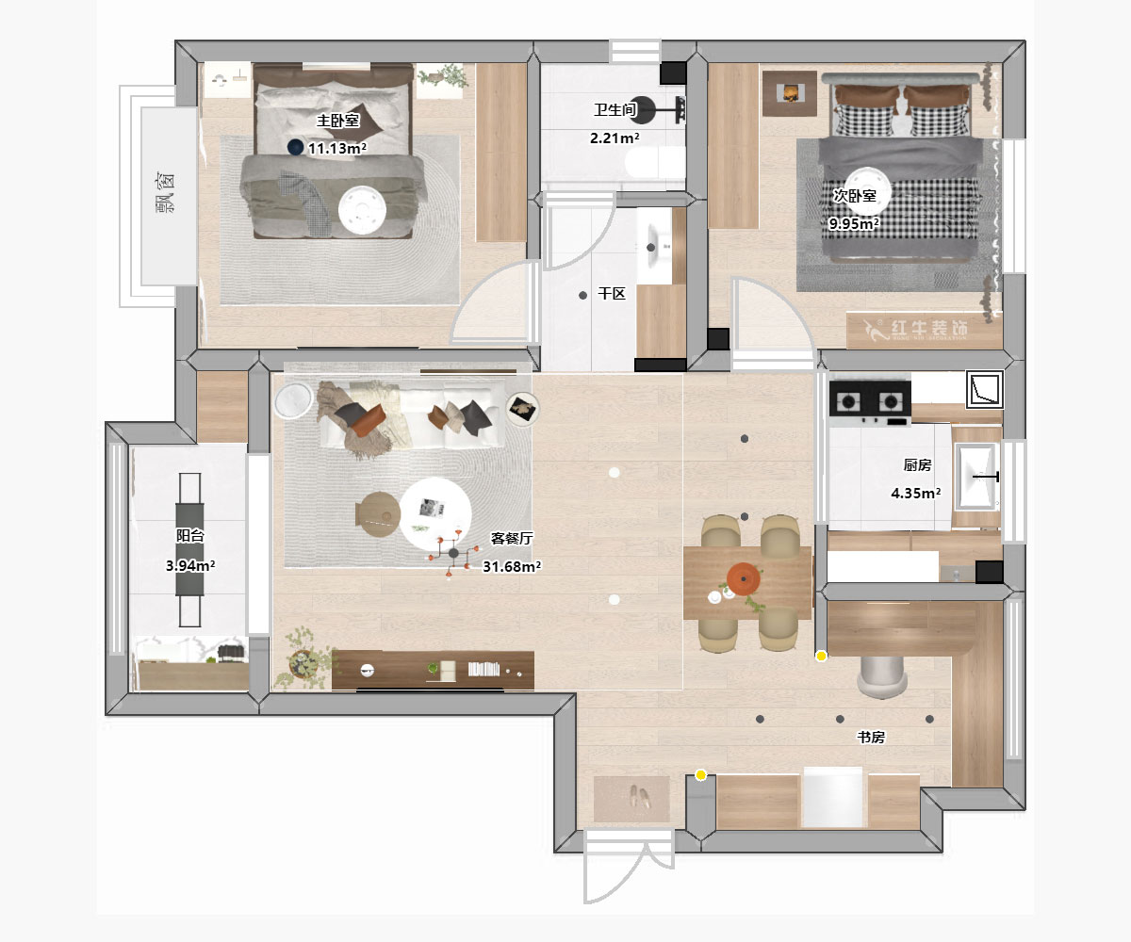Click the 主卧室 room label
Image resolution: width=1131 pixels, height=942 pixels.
(x=338, y=121)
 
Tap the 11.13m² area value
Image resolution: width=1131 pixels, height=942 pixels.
(x=336, y=148)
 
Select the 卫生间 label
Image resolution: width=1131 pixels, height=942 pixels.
(x=615, y=110)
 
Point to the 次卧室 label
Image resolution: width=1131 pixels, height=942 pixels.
(x=854, y=195)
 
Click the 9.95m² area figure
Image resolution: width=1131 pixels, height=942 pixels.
(x=854, y=223)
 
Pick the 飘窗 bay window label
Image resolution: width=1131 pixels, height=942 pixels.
(x=166, y=193)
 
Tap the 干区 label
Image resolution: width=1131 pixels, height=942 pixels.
(x=612, y=294)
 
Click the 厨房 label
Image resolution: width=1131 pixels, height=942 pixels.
(x=917, y=465)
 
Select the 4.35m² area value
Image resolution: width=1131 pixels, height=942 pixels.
(x=916, y=494)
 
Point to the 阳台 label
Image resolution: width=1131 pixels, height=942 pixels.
(x=190, y=535)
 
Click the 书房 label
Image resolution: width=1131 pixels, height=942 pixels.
(x=871, y=737)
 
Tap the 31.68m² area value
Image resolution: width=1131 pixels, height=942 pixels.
(x=512, y=566)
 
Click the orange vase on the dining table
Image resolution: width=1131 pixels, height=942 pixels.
(x=744, y=579)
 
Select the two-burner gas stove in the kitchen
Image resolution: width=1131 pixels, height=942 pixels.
(x=870, y=403)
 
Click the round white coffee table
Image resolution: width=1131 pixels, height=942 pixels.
(x=434, y=513)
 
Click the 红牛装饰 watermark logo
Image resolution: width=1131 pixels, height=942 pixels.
(x=915, y=329)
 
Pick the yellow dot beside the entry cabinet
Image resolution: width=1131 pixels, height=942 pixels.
(x=701, y=775)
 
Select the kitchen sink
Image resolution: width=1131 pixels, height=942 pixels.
(x=977, y=477)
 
